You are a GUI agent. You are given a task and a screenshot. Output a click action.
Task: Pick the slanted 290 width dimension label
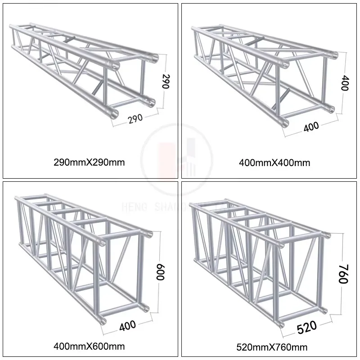[135, 118]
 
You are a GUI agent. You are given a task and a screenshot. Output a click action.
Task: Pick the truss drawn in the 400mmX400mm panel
[265, 72]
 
